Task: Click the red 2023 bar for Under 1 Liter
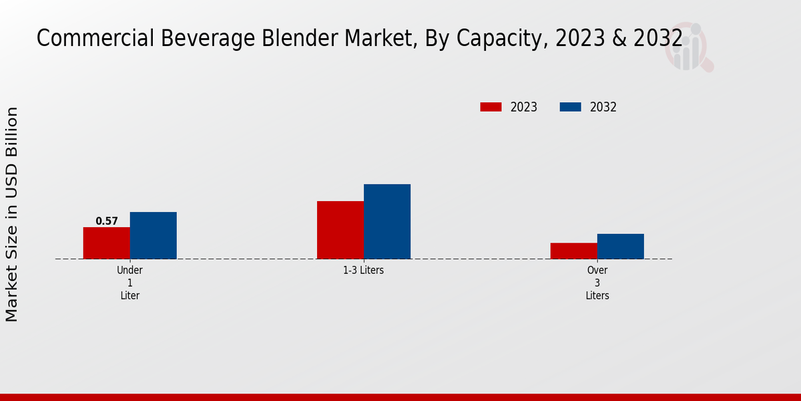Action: click(x=107, y=243)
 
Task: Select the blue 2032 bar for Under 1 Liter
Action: click(x=154, y=235)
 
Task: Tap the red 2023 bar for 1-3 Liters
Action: click(x=340, y=230)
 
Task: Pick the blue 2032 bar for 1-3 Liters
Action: click(x=387, y=221)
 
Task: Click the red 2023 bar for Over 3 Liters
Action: click(x=574, y=251)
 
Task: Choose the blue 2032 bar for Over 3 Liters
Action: click(x=621, y=246)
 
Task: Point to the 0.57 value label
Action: click(x=107, y=221)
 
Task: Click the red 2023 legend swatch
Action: click(x=491, y=107)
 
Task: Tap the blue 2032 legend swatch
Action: click(x=570, y=107)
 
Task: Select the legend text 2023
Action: click(x=524, y=107)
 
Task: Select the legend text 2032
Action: click(x=603, y=107)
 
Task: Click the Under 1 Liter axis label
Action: click(x=130, y=283)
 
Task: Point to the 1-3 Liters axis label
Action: click(x=364, y=271)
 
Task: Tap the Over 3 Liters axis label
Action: click(x=597, y=283)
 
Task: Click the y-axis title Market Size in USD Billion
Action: click(x=12, y=214)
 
